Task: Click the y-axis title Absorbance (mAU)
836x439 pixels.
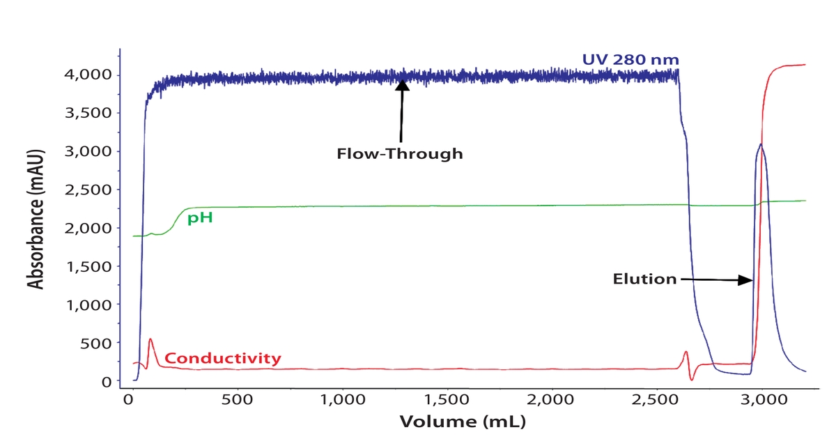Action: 35,218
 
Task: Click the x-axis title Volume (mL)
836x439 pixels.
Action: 462,422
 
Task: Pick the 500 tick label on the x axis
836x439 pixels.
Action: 238,401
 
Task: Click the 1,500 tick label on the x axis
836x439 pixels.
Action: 447,401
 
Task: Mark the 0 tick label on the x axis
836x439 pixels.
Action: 129,401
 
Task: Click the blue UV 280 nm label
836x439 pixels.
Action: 630,60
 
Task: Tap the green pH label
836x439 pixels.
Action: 199,218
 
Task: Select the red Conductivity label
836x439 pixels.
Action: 223,359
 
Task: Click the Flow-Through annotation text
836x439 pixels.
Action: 399,153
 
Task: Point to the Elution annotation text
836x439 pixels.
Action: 644,279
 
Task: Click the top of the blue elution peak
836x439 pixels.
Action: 761,145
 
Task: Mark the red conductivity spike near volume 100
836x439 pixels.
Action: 150,339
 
